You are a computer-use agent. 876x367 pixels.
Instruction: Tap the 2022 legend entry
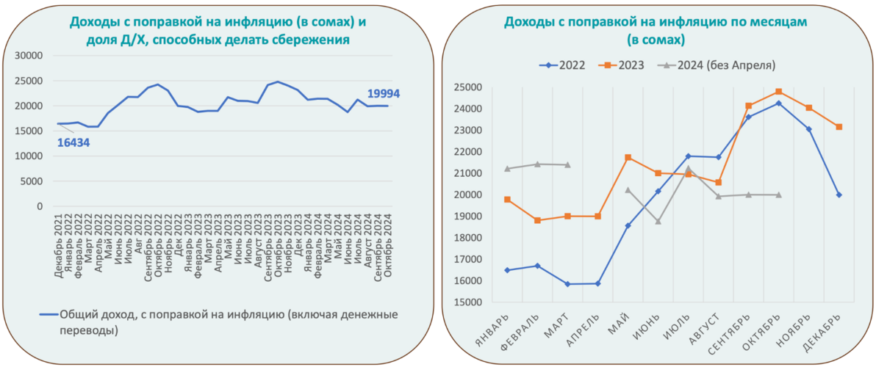coord(566,65)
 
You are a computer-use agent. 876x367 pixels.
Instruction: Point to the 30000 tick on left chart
coord(30,56)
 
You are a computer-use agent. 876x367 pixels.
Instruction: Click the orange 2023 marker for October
coord(778,92)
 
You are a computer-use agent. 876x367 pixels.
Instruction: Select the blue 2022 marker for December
coord(839,195)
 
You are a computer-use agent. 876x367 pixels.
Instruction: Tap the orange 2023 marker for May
coord(628,157)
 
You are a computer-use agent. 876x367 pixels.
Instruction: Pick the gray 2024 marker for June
coord(658,221)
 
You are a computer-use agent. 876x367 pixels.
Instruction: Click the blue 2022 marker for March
coord(567,284)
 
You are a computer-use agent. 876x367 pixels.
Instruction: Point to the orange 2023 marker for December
coord(839,127)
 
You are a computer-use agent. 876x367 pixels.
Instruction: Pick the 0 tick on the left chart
coord(40,206)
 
